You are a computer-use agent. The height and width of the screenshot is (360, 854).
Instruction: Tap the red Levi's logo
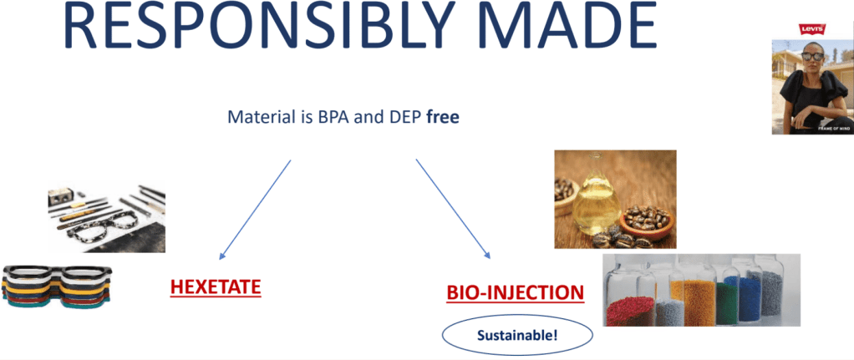811,29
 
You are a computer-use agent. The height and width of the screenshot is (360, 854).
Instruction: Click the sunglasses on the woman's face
812,56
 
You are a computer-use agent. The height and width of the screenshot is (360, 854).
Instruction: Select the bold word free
443,118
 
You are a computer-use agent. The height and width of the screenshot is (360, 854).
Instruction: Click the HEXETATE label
215,287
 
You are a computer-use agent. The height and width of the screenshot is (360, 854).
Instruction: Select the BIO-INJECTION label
516,293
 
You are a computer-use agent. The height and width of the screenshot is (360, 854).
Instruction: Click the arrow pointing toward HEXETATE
255,209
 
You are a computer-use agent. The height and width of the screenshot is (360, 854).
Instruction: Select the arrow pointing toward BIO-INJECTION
453,209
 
